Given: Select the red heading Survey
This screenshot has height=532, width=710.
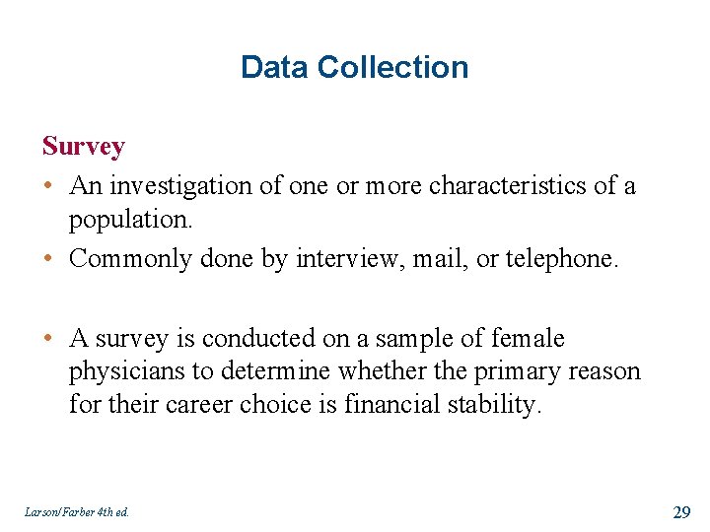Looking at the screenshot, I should click(x=84, y=148).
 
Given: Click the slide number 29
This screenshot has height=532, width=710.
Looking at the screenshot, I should click(x=680, y=510).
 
